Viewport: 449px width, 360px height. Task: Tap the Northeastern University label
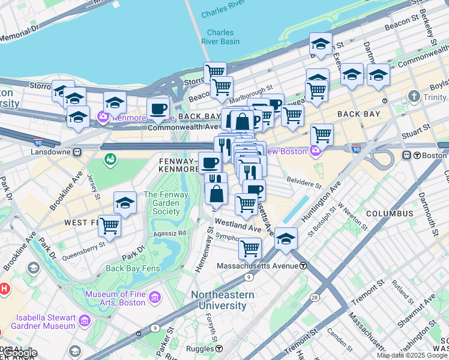coord(222,300)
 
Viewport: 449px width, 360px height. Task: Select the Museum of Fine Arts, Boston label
coord(115,298)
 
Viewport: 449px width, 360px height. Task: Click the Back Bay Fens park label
coord(131,268)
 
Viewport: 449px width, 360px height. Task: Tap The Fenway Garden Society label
coord(166,203)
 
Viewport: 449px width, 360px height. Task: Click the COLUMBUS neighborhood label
coord(390,214)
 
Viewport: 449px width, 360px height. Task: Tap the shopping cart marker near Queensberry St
coord(109,226)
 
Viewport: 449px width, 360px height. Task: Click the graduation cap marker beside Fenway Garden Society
coord(125,203)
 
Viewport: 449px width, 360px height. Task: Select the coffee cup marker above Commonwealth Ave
coord(158,109)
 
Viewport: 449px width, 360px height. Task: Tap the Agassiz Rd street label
coord(173,233)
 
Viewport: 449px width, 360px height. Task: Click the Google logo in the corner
coord(20,353)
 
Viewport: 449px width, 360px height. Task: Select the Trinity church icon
coord(414,96)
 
